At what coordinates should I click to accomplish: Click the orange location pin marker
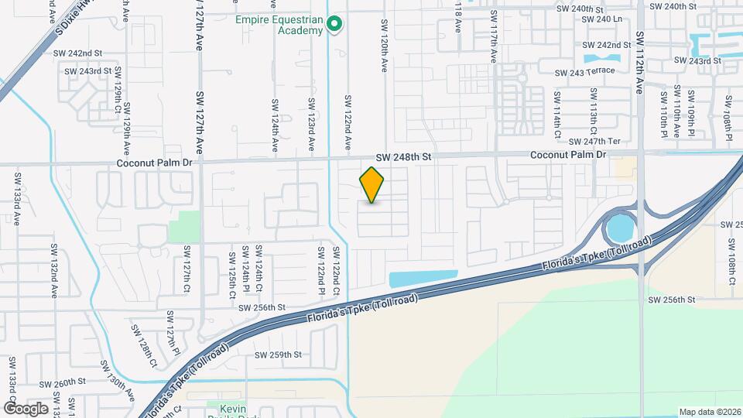(372, 184)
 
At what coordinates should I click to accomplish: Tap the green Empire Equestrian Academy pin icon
(334, 26)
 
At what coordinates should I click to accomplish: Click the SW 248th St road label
(403, 156)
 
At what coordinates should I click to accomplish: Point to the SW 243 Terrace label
(584, 72)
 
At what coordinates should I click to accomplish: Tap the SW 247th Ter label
(594, 142)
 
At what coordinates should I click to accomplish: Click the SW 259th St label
(279, 355)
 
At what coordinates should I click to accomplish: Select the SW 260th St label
(59, 382)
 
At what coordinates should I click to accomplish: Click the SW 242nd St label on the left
(77, 53)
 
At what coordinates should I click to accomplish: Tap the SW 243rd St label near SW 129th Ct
(88, 71)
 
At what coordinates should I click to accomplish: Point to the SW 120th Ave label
(383, 46)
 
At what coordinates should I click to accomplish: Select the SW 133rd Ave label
(16, 199)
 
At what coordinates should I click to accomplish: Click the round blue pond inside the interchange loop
(620, 228)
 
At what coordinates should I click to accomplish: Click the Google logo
(26, 408)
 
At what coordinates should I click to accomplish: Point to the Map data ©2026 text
(709, 412)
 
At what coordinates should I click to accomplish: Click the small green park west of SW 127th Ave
(184, 227)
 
